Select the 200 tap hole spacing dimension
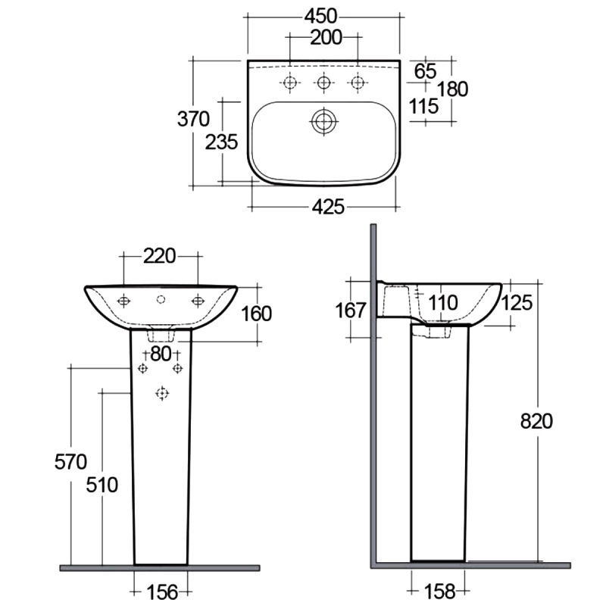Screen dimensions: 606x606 326,36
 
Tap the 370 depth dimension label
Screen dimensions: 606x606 193,118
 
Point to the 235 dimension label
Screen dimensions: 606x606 222,141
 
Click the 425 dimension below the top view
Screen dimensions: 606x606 330,206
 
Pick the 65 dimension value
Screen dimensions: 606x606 426,71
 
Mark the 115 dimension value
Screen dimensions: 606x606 424,106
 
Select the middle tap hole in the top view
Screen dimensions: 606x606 323,82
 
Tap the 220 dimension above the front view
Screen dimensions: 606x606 160,256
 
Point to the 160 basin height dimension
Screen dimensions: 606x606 256,313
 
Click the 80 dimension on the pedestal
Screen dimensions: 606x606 160,353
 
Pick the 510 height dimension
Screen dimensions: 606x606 102,485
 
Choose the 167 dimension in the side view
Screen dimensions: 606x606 350,310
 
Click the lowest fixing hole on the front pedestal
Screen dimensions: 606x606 161,392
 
